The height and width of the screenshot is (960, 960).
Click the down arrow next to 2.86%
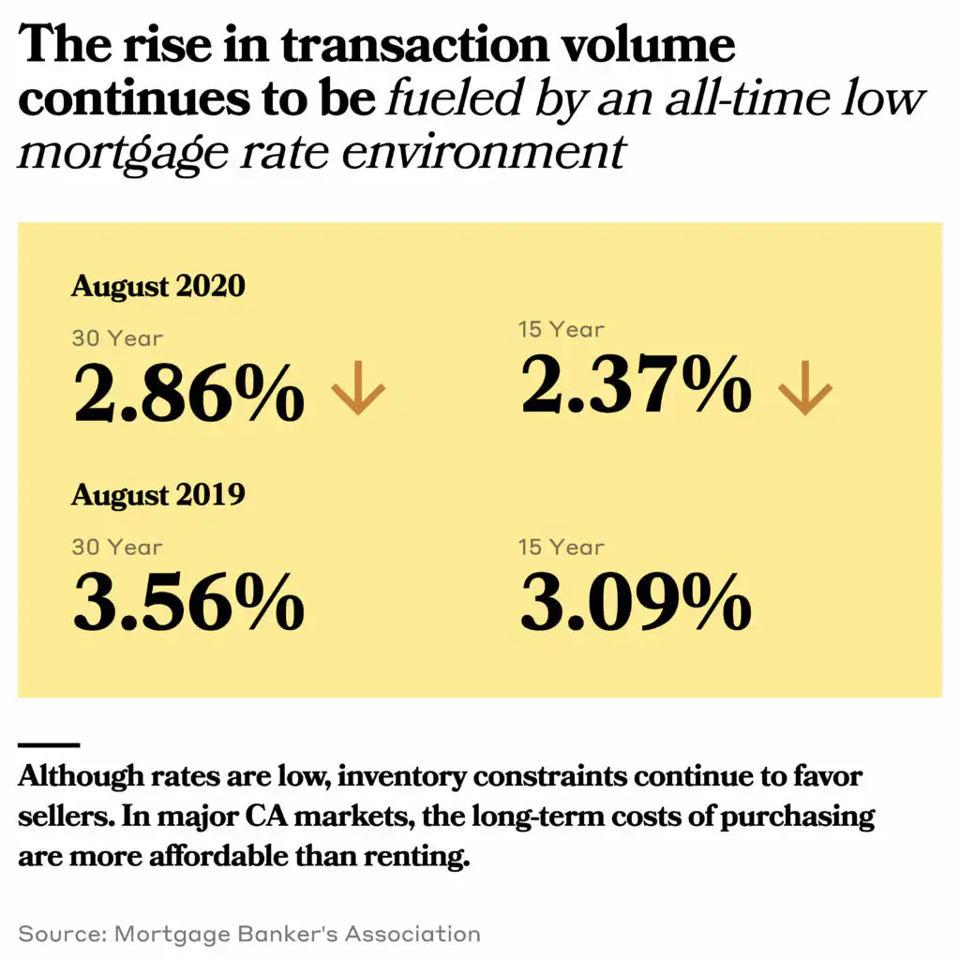click(358, 391)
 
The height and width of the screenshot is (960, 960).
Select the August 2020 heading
click(157, 285)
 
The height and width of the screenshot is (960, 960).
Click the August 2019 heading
click(157, 494)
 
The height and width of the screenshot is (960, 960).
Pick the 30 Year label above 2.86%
click(117, 337)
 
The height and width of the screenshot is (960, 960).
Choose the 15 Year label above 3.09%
click(562, 547)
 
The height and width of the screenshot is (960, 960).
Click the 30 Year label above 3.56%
click(117, 547)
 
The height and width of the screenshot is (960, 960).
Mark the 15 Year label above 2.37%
click(562, 329)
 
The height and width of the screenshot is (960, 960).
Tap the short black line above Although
click(49, 745)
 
